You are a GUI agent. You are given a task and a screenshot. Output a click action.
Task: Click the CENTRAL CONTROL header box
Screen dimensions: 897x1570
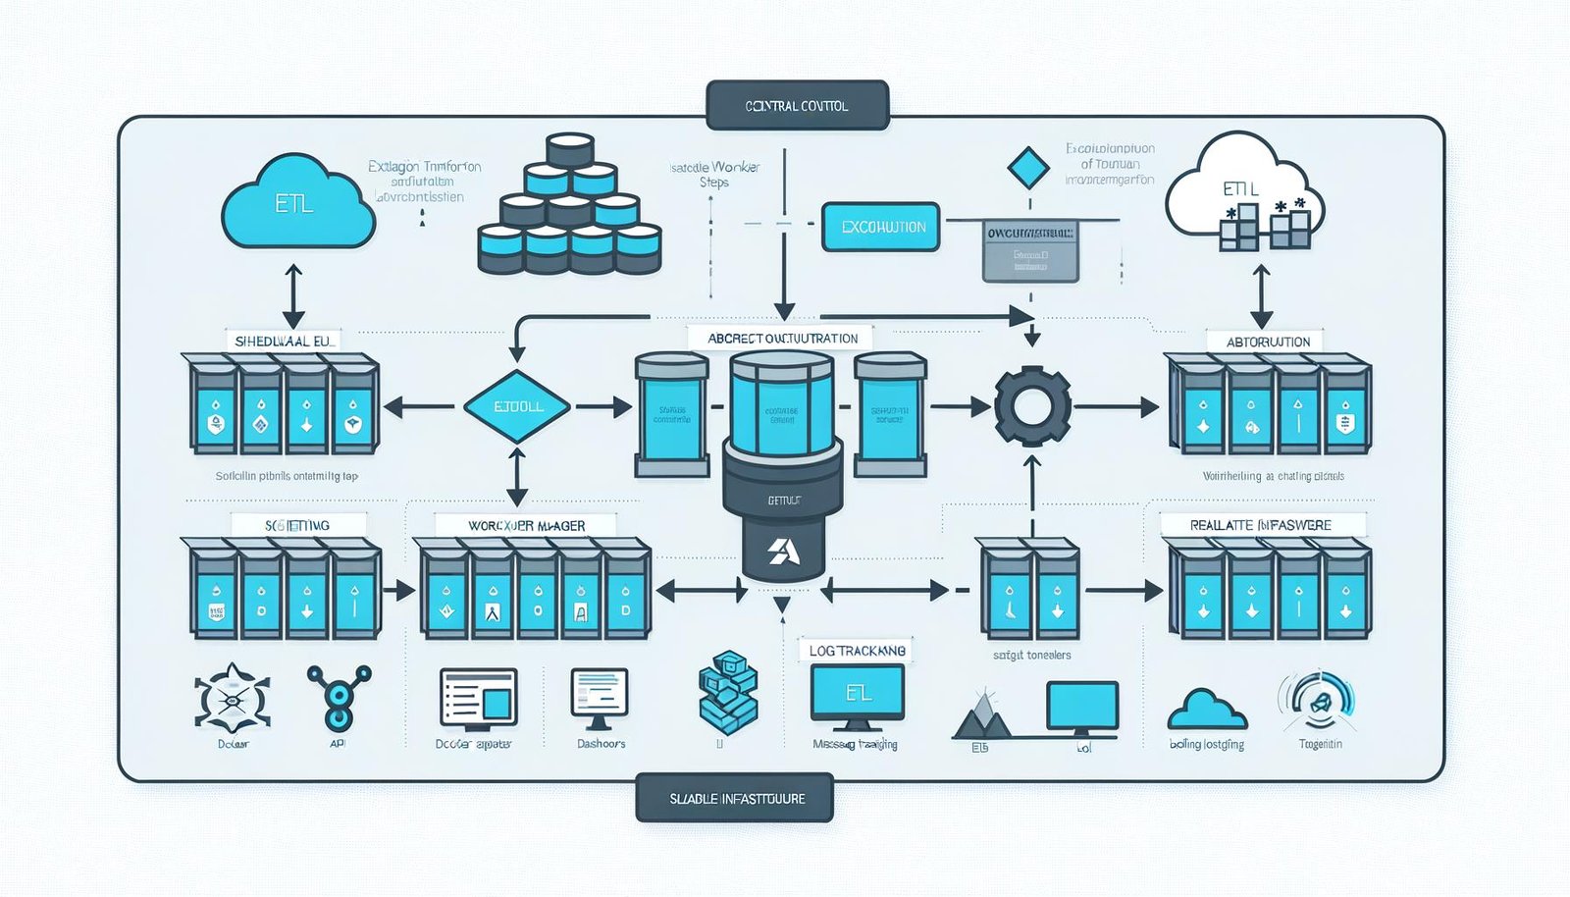[797, 105]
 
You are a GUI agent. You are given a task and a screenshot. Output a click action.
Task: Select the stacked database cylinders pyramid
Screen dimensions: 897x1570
[569, 211]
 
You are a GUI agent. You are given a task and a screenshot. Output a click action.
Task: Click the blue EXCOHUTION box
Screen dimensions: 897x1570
[881, 227]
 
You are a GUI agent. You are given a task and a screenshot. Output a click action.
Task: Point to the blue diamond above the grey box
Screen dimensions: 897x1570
[1027, 168]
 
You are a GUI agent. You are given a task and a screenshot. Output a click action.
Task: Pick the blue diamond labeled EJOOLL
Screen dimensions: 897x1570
[517, 406]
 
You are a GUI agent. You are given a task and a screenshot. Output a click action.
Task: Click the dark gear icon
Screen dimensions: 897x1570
[1031, 406]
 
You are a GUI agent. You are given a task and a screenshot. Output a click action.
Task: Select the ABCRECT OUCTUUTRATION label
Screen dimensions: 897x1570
[782, 338]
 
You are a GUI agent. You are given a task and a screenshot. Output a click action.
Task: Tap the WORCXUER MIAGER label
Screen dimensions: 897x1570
[526, 525]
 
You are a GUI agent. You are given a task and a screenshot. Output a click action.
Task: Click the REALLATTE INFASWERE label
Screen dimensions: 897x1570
[1260, 525]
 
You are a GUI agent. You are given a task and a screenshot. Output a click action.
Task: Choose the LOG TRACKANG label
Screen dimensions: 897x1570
[857, 650]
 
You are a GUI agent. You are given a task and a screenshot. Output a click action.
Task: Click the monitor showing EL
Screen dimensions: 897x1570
[857, 694]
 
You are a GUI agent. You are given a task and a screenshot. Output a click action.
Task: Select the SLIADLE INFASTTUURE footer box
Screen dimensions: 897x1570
[736, 798]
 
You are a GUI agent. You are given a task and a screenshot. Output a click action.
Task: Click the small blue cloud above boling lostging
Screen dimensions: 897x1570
[1207, 710]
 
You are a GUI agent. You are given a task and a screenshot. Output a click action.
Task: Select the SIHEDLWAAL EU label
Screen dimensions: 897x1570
[285, 341]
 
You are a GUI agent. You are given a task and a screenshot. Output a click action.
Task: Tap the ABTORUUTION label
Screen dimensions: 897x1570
[1267, 342]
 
